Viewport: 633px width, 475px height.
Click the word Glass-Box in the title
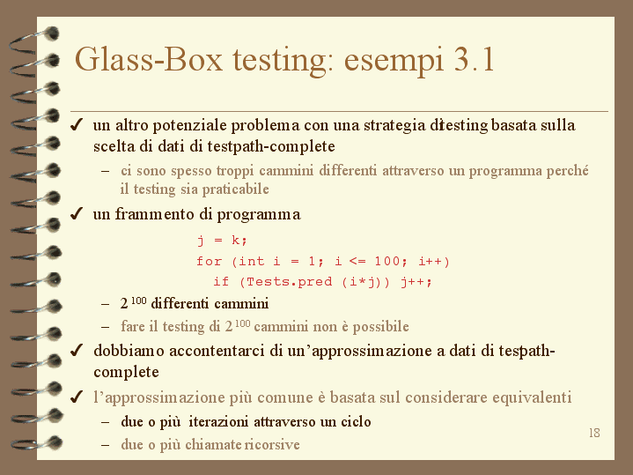click(x=149, y=59)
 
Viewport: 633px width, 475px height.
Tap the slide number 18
click(x=594, y=433)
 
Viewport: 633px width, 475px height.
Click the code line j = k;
click(x=222, y=240)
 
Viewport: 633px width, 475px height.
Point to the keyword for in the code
click(x=210, y=261)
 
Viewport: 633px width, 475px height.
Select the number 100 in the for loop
click(x=387, y=261)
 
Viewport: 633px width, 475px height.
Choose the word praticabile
click(x=235, y=189)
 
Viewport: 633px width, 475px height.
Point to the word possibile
click(x=380, y=327)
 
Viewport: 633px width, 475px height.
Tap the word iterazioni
click(x=218, y=421)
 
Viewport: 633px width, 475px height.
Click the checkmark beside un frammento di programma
click(x=77, y=213)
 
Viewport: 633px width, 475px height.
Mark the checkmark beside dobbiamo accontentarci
click(x=77, y=350)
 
